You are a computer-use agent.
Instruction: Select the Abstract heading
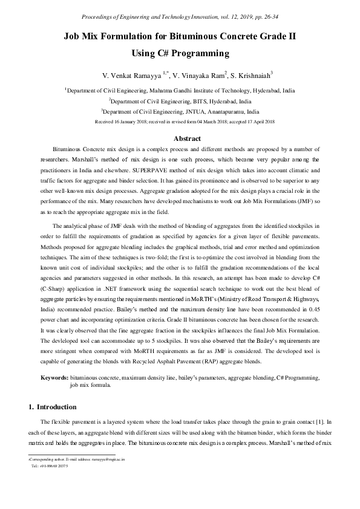click(180, 138)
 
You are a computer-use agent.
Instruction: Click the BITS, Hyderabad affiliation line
click(180, 101)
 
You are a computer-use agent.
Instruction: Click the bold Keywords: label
click(54, 377)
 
